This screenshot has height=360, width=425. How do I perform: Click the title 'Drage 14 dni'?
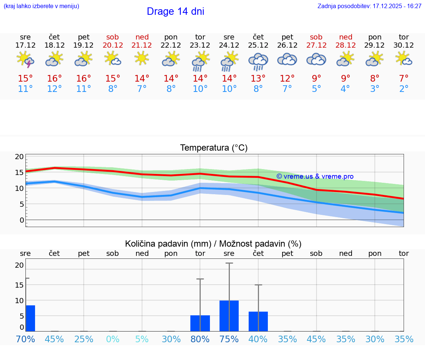coord(175,11)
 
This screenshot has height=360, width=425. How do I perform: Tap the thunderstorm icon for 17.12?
coord(25,60)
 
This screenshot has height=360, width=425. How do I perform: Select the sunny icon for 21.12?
coord(142,58)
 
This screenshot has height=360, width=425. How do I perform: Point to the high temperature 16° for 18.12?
coord(55,79)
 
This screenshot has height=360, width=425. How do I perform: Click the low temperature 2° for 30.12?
coord(404,89)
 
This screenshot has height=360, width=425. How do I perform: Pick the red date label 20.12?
coord(113,45)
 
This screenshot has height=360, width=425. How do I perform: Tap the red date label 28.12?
coord(346,45)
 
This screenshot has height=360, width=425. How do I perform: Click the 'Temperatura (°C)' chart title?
coord(214,148)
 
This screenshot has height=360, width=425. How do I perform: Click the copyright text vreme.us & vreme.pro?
coord(315,176)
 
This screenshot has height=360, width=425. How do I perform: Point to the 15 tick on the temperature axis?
coord(19,172)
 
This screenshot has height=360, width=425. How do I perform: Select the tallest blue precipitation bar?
coord(229,316)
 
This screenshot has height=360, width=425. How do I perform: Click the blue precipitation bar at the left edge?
coord(30,318)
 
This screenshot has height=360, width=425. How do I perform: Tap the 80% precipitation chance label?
coord(200,339)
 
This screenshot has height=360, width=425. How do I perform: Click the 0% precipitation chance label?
coord(113,339)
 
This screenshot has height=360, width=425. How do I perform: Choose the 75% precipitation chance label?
coord(229,339)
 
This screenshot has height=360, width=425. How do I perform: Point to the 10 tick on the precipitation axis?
coord(19,301)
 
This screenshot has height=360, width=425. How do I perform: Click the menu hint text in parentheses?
coord(41,6)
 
